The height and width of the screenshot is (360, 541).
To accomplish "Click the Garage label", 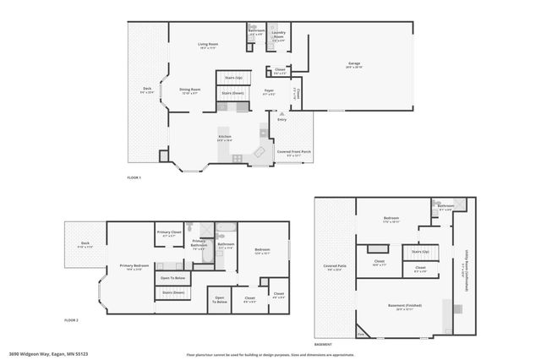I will (x=355, y=64).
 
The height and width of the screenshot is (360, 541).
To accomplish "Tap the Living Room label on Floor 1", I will (x=209, y=44).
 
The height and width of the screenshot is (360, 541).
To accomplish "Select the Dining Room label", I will (x=189, y=90).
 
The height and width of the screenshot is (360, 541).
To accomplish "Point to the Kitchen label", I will (x=225, y=136).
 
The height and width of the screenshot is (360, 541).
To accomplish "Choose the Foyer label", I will (x=269, y=90).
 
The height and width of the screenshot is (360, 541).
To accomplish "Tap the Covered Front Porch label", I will (x=293, y=153).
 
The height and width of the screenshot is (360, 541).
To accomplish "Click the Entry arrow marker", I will (x=270, y=113).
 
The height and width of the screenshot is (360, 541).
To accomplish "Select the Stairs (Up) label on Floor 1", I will (x=233, y=77).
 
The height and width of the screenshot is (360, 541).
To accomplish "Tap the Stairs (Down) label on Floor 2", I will (x=172, y=292).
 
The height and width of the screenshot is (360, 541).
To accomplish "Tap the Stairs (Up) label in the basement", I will (x=420, y=251).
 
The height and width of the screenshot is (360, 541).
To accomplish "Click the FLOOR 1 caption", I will (x=134, y=177).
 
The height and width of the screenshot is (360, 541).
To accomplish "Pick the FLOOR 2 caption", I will (x=71, y=321).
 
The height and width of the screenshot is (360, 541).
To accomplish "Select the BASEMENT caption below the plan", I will (x=322, y=345).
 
